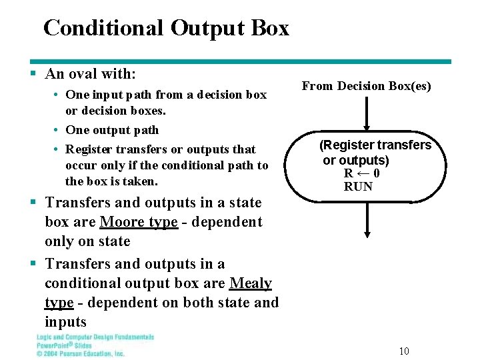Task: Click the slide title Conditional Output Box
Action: pyautogui.click(x=166, y=28)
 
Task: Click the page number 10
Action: pyautogui.click(x=404, y=351)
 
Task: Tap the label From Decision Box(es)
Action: pyautogui.click(x=367, y=86)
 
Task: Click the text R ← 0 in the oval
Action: pyautogui.click(x=362, y=173)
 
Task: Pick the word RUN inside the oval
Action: pyautogui.click(x=358, y=187)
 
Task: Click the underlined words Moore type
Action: pyautogui.click(x=139, y=222)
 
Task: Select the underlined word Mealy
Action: pyautogui.click(x=250, y=283)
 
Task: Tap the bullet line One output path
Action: pyautogui.click(x=112, y=130)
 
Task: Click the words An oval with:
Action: pyautogui.click(x=90, y=74)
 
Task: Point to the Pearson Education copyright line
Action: pyautogui.click(x=80, y=353)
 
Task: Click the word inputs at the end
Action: pyautogui.click(x=65, y=323)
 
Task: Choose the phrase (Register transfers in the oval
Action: pyautogui.click(x=375, y=145)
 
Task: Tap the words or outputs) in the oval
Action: pyautogui.click(x=356, y=160)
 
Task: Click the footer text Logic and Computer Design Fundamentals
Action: pyautogui.click(x=95, y=337)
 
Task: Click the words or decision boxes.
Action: pyautogui.click(x=115, y=111)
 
